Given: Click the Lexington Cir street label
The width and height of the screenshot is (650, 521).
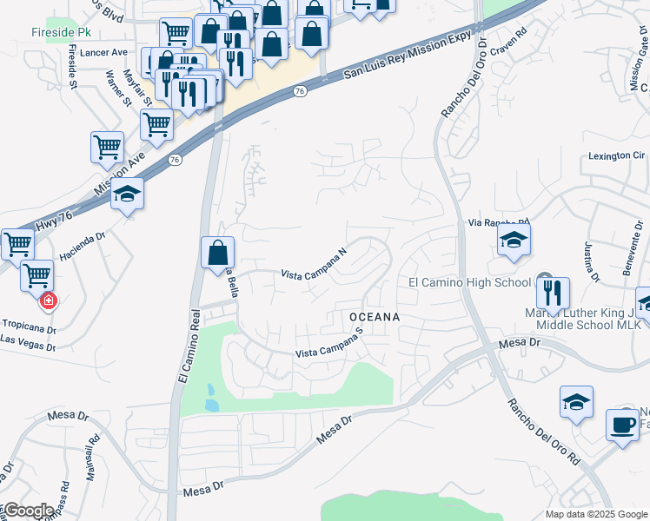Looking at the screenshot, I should click(x=616, y=155).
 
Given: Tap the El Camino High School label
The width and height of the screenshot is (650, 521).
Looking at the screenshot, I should click(x=469, y=282).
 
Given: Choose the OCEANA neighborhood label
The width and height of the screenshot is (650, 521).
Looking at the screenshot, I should click(x=375, y=318).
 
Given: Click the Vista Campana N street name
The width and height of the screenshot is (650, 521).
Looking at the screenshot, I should click(x=314, y=263).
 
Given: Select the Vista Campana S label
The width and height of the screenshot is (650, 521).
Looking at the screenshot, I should click(x=328, y=347).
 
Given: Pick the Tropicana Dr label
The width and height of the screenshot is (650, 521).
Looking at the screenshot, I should click(x=28, y=331).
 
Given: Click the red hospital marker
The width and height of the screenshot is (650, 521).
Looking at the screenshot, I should click(x=49, y=301).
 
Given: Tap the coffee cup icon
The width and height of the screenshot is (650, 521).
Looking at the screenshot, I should click(x=622, y=425).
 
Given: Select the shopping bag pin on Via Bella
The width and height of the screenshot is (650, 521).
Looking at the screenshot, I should click(x=217, y=254).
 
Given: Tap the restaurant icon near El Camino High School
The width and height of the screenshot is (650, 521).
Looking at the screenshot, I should click(x=553, y=293).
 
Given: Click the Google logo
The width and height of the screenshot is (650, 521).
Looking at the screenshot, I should click(x=28, y=510).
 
